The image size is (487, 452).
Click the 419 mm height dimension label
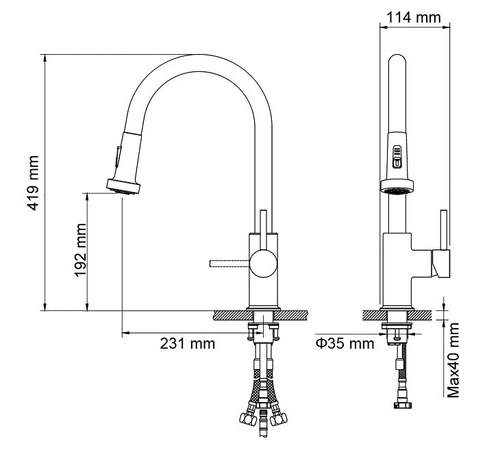pyautogui.click(x=33, y=183)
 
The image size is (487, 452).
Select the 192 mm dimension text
pyautogui.click(x=80, y=250)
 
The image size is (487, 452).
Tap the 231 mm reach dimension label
pyautogui.click(x=187, y=344)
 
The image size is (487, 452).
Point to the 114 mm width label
pyautogui.click(x=414, y=17)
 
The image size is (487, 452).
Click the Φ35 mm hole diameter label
pyautogui.click(x=345, y=344)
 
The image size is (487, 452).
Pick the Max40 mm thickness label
pyautogui.click(x=453, y=360)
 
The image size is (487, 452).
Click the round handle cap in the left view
pyautogui.click(x=264, y=264)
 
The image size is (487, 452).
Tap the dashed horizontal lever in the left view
pyautogui.click(x=230, y=264)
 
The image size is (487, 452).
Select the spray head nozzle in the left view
pyautogui.click(x=123, y=186)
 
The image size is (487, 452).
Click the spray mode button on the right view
pyautogui.click(x=397, y=157)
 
